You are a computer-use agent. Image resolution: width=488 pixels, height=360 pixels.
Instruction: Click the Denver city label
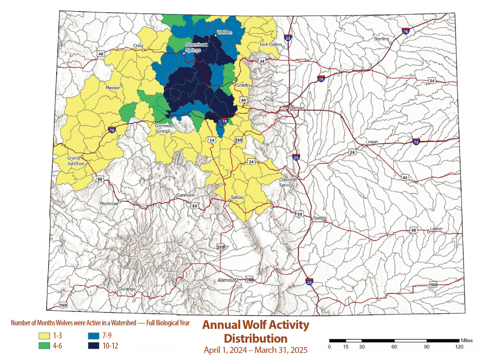297,108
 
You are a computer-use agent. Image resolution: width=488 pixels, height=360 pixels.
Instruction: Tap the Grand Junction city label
76,161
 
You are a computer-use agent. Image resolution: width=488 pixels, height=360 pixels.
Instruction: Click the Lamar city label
436,229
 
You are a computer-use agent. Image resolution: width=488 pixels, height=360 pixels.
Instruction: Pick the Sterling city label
381,39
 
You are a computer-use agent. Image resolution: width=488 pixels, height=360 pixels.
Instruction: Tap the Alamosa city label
226,280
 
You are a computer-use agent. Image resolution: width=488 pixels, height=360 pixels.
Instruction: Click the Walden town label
225,32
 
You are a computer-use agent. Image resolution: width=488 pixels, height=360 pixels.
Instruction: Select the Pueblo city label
319,218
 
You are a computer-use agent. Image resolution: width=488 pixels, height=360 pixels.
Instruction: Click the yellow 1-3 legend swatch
44,336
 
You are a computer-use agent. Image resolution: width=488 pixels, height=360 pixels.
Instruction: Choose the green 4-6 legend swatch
44,346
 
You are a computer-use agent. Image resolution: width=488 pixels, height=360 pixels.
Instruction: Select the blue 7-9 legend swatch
93,336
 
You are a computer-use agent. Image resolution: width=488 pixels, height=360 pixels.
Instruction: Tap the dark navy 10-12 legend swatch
93,346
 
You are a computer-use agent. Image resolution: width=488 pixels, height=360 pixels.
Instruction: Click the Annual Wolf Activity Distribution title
256,331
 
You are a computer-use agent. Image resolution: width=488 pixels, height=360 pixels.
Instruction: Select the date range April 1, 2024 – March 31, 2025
256,350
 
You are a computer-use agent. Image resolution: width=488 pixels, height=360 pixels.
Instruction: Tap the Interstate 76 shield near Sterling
405,31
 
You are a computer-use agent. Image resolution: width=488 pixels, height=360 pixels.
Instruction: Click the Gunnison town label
186,195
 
